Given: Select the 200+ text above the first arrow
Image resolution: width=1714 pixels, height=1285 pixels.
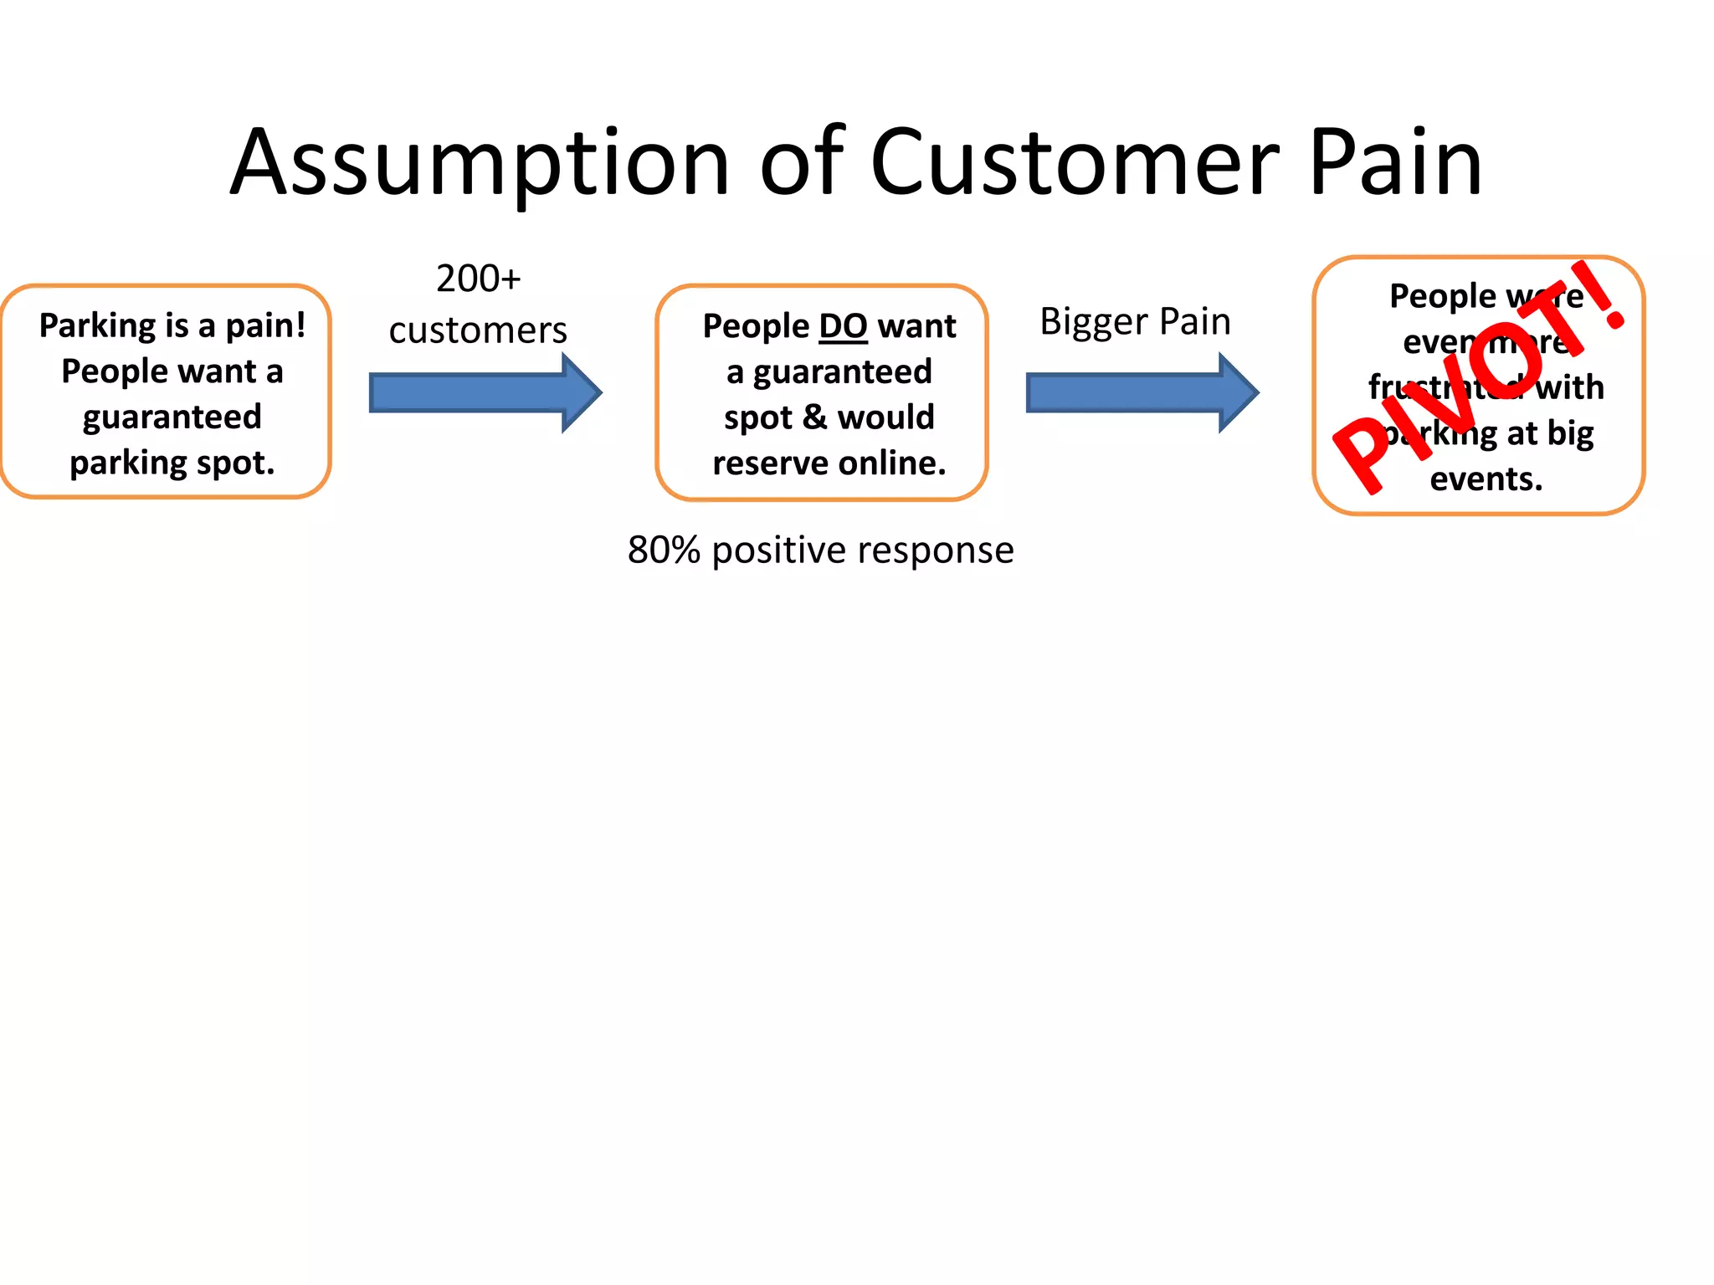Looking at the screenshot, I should coord(478,279).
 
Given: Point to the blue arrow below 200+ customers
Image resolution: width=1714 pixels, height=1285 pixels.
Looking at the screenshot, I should coord(485,392).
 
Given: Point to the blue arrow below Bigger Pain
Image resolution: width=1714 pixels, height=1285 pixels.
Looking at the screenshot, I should coord(1142,392).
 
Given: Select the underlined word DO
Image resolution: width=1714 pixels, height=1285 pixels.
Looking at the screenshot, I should coord(842,326).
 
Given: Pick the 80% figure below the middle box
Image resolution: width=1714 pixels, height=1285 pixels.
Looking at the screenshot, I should coord(664,550).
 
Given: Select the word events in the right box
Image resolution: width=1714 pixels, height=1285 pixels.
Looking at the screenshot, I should coord(1486,479).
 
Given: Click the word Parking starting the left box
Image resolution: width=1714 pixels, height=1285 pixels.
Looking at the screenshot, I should coord(96,326).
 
